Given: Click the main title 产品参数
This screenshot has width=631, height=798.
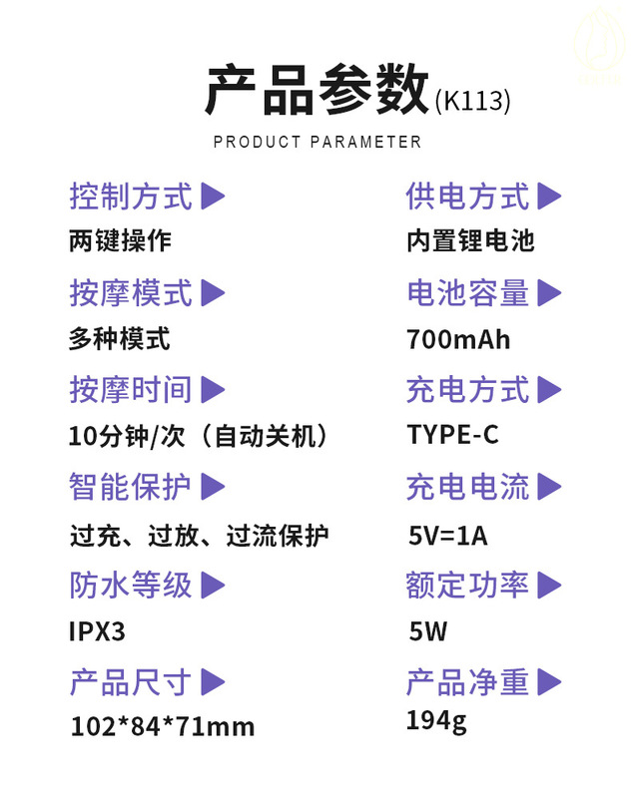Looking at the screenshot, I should click(316, 92).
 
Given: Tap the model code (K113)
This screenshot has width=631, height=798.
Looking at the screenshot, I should click(473, 101).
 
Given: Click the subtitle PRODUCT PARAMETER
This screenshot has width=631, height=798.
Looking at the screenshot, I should click(317, 142).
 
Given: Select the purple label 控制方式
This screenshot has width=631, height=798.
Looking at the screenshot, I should click(131, 197).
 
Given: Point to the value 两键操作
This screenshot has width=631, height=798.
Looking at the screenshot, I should click(121, 241).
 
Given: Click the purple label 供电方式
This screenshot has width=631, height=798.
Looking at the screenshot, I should click(467, 197).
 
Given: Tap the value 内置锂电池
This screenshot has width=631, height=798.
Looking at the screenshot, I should click(471, 241).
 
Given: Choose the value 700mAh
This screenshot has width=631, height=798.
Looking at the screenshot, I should click(458, 339).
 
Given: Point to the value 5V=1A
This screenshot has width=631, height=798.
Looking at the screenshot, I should click(448, 536).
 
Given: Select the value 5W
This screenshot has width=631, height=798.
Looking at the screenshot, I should click(428, 630).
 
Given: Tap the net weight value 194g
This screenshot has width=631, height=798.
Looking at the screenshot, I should click(436, 719).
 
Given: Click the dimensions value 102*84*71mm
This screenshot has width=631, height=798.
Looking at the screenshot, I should click(163, 726).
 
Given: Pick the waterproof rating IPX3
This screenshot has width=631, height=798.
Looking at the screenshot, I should click(98, 631).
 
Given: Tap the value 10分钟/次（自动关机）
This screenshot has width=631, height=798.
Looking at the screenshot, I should click(199, 436).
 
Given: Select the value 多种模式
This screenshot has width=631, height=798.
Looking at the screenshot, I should click(120, 339).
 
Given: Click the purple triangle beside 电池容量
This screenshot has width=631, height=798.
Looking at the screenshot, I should click(549, 293).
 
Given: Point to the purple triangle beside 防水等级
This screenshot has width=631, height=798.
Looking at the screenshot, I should click(214, 585).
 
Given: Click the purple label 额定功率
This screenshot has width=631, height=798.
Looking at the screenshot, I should click(467, 586).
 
